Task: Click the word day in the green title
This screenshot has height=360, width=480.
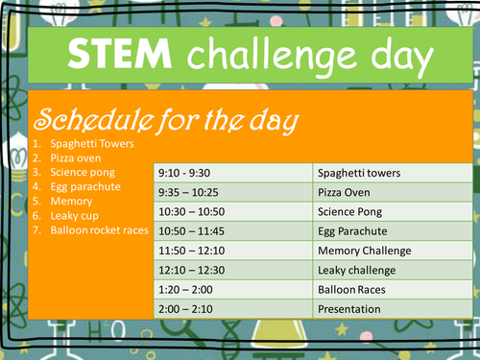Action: [x=394, y=58]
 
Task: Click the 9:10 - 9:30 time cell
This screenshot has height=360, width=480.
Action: [x=184, y=174]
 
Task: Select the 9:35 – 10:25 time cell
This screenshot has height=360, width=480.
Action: [x=188, y=193]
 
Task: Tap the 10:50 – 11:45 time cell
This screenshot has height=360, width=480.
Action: [x=192, y=231]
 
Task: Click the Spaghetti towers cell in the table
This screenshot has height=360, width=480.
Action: [x=358, y=174]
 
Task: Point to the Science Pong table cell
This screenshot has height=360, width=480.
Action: [x=351, y=212]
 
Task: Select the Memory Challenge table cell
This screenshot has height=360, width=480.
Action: [x=364, y=251]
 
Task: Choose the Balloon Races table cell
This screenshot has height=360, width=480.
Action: [x=352, y=289]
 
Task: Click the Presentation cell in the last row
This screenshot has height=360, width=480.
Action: [x=349, y=309]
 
